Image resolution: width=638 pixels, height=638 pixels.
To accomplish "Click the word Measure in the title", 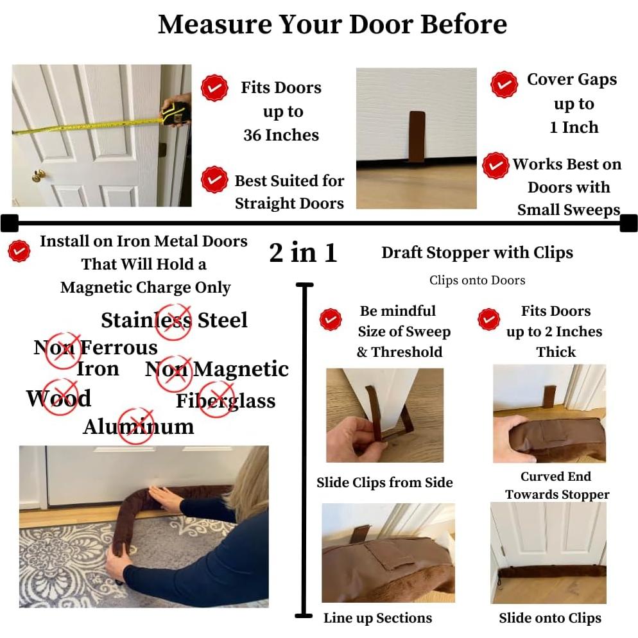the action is pyautogui.click(x=215, y=24).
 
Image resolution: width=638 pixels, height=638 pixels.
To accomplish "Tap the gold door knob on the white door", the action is pyautogui.click(x=39, y=176).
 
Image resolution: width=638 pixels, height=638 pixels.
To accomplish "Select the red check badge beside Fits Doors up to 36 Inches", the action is pyautogui.click(x=214, y=88).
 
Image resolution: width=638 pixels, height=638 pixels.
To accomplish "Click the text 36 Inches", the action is pyautogui.click(x=281, y=135).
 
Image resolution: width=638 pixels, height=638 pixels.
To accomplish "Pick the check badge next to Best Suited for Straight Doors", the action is pyautogui.click(x=214, y=180).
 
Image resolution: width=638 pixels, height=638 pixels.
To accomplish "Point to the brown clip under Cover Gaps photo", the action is pyautogui.click(x=417, y=136).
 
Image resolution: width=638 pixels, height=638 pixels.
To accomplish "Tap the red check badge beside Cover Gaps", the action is pyautogui.click(x=504, y=84).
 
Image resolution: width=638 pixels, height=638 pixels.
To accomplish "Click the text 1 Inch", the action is pyautogui.click(x=574, y=127).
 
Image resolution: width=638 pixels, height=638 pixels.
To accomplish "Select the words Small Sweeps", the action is pyautogui.click(x=569, y=210).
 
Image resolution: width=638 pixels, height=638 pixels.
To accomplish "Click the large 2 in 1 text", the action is pyautogui.click(x=303, y=252).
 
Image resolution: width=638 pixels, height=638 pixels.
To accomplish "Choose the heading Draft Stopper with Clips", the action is pyautogui.click(x=478, y=253).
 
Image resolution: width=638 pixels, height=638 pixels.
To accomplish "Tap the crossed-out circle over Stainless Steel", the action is pyautogui.click(x=174, y=322).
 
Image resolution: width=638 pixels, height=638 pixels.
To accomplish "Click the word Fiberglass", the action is pyautogui.click(x=226, y=401).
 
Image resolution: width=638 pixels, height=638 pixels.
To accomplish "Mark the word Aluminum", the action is pyautogui.click(x=139, y=427).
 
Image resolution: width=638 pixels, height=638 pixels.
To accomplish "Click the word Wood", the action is pyautogui.click(x=59, y=398).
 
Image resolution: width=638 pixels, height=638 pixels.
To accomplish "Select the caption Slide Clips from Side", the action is pyautogui.click(x=384, y=483).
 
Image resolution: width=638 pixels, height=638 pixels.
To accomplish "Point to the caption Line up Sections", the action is pyautogui.click(x=377, y=618).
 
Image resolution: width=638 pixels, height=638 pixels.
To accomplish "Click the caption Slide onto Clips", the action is pyautogui.click(x=550, y=618).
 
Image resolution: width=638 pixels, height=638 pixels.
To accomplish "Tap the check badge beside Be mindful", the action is pyautogui.click(x=331, y=320).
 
